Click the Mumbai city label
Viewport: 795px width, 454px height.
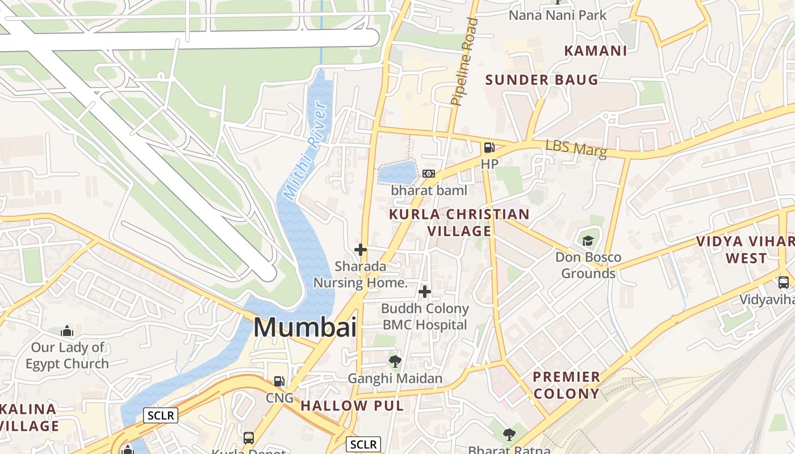point(305,327)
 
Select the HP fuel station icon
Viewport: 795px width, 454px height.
point(489,148)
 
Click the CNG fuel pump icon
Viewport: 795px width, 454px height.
point(279,381)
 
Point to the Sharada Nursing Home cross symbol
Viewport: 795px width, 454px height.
point(361,250)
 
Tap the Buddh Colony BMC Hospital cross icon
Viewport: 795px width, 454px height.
point(424,292)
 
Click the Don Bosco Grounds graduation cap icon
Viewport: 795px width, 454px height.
point(588,241)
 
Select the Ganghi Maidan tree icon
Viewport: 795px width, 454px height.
point(395,361)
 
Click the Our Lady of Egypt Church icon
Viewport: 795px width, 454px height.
point(67,331)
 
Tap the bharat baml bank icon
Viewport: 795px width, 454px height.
point(429,174)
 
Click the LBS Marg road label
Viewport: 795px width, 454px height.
point(576,149)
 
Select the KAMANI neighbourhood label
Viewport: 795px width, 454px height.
point(596,51)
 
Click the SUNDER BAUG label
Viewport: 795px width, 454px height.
point(542,79)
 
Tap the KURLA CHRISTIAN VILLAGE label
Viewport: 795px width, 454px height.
point(459,222)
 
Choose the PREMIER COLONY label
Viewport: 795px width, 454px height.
point(566,385)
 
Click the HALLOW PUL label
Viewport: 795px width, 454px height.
point(352,406)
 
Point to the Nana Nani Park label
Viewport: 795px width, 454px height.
point(558,15)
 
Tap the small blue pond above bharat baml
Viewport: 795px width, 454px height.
point(397,172)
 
